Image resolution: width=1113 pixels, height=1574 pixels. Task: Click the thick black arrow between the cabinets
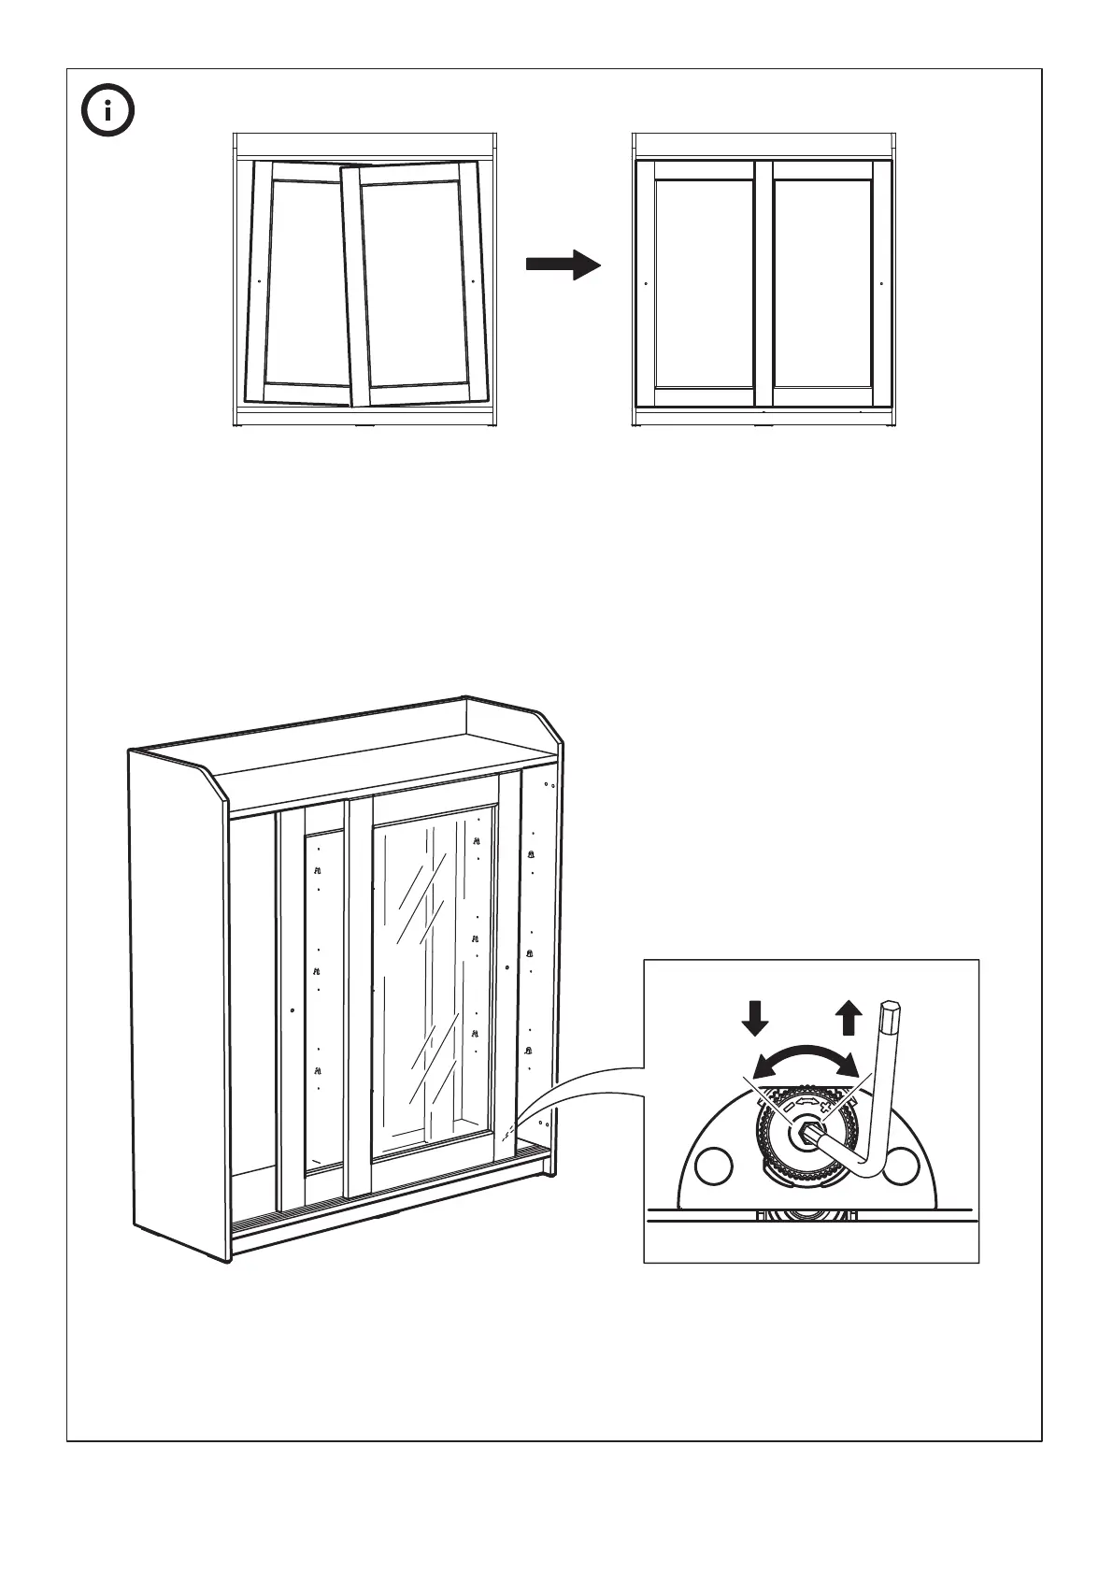(563, 265)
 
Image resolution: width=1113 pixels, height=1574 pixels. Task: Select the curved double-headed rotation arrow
(806, 1058)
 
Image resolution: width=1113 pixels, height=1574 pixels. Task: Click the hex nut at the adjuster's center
(805, 1134)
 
